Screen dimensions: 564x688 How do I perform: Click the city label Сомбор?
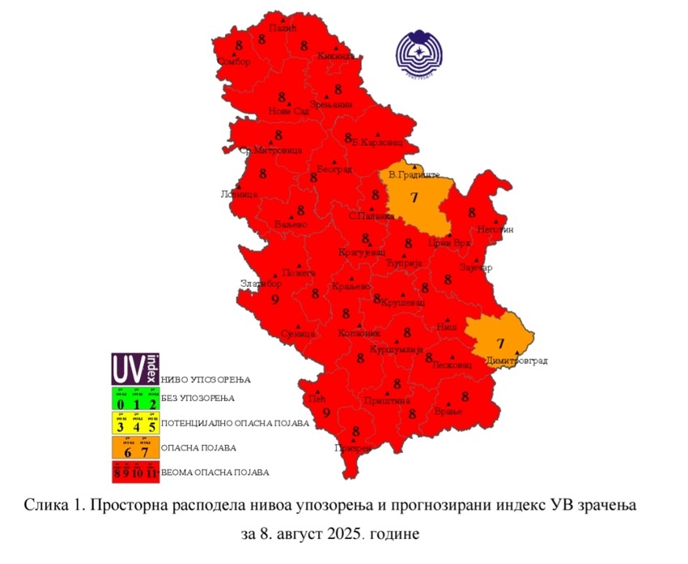click(x=236, y=62)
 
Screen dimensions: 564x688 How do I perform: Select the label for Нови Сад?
click(x=289, y=110)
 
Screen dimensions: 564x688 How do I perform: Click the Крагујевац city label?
click(x=361, y=253)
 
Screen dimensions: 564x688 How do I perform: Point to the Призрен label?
click(x=353, y=448)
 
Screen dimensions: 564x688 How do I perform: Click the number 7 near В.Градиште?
click(x=414, y=198)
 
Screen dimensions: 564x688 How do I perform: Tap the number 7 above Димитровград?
click(x=499, y=344)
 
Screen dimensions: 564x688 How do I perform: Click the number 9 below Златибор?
click(x=275, y=300)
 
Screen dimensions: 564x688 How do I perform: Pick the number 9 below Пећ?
click(x=326, y=413)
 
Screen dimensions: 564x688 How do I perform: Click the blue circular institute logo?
click(x=419, y=56)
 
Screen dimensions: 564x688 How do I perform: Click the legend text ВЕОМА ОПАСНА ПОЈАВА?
click(x=215, y=472)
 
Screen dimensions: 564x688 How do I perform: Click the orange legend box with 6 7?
click(x=135, y=447)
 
